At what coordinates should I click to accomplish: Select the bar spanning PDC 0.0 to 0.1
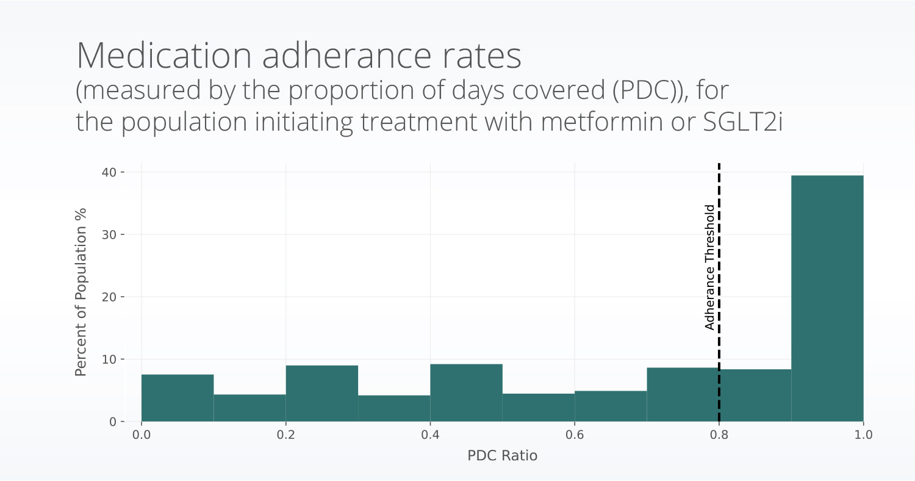pos(178,398)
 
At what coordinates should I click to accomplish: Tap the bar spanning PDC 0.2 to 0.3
pos(322,394)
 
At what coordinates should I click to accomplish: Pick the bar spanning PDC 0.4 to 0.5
pos(466,393)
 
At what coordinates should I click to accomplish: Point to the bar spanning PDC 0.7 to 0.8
pos(683,394)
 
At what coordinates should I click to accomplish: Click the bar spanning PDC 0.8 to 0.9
pos(756,396)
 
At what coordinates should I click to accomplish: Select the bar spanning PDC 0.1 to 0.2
pos(249,408)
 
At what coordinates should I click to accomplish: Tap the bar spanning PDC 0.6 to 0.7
pos(611,406)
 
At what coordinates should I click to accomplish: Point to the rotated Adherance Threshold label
pos(709,267)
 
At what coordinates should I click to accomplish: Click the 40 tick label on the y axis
pos(109,172)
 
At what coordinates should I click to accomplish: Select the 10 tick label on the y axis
pos(109,359)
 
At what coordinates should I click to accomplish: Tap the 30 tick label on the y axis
pos(109,234)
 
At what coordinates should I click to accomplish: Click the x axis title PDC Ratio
pos(502,455)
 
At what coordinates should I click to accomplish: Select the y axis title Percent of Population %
pos(81,292)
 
